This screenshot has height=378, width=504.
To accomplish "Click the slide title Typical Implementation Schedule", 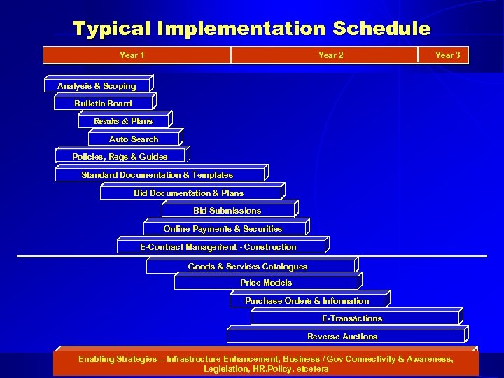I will [x=251, y=29].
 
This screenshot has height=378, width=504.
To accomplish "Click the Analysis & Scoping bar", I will [x=97, y=86].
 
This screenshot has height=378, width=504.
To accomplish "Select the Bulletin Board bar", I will [x=103, y=104].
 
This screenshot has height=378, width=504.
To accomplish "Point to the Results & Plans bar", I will [x=123, y=121].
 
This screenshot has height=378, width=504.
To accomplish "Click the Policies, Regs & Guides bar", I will [x=120, y=157].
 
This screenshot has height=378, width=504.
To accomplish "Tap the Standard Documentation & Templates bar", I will [x=158, y=175].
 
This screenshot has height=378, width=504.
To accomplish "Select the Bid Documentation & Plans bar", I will [x=190, y=193].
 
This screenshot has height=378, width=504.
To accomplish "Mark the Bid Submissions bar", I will [x=227, y=211].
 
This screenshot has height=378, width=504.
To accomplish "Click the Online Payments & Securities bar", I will [x=223, y=229].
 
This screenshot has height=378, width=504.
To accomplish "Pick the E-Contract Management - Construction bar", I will [x=219, y=247].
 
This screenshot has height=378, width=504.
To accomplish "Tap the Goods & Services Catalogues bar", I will [x=248, y=267].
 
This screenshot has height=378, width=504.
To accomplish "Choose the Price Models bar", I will [x=266, y=283].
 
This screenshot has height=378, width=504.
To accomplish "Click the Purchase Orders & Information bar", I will [x=307, y=301].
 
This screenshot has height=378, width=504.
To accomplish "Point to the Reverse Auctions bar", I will [x=343, y=337].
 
